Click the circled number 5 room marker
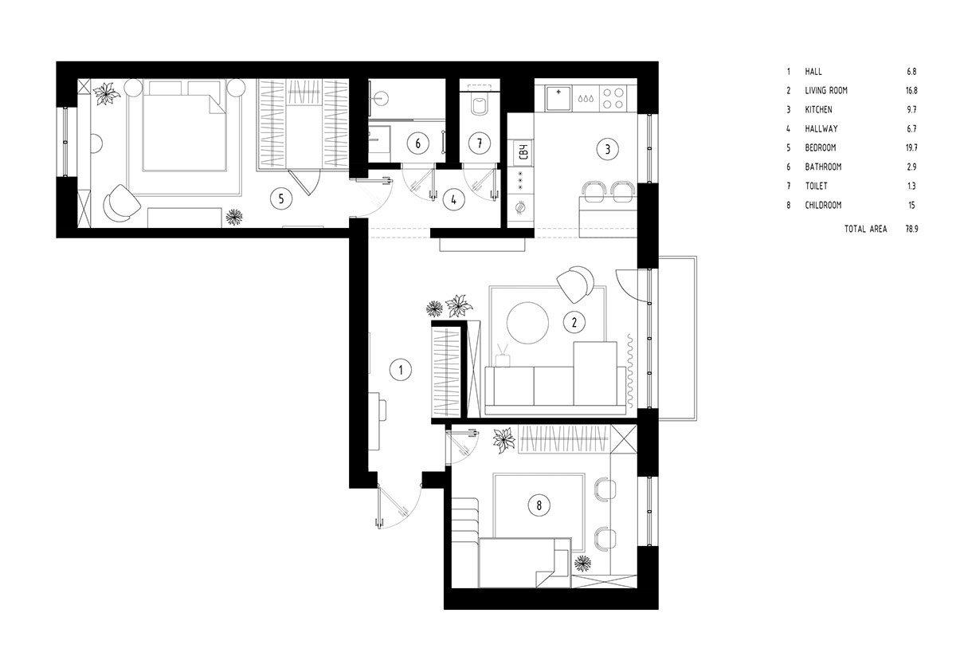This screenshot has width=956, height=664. click(x=280, y=198)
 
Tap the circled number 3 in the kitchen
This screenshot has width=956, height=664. click(x=607, y=149)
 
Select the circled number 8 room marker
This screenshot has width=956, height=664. click(x=539, y=505)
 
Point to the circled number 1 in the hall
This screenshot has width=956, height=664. click(x=400, y=370)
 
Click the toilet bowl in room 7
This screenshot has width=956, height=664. click(x=480, y=105)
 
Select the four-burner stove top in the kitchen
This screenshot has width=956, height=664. click(x=613, y=98)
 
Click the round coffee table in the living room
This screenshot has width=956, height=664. click(x=527, y=323)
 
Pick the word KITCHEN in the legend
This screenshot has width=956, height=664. click(x=819, y=110)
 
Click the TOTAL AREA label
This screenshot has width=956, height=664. click(x=865, y=229)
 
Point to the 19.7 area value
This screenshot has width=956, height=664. click(x=911, y=147)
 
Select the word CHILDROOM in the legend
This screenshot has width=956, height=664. click(x=823, y=206)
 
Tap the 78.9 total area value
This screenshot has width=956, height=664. click(x=911, y=229)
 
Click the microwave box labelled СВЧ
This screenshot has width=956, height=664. click(x=524, y=151)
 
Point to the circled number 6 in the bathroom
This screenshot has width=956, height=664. click(x=417, y=143)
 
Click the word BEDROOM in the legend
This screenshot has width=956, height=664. click(x=821, y=147)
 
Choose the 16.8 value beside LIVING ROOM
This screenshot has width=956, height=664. click(x=911, y=91)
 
